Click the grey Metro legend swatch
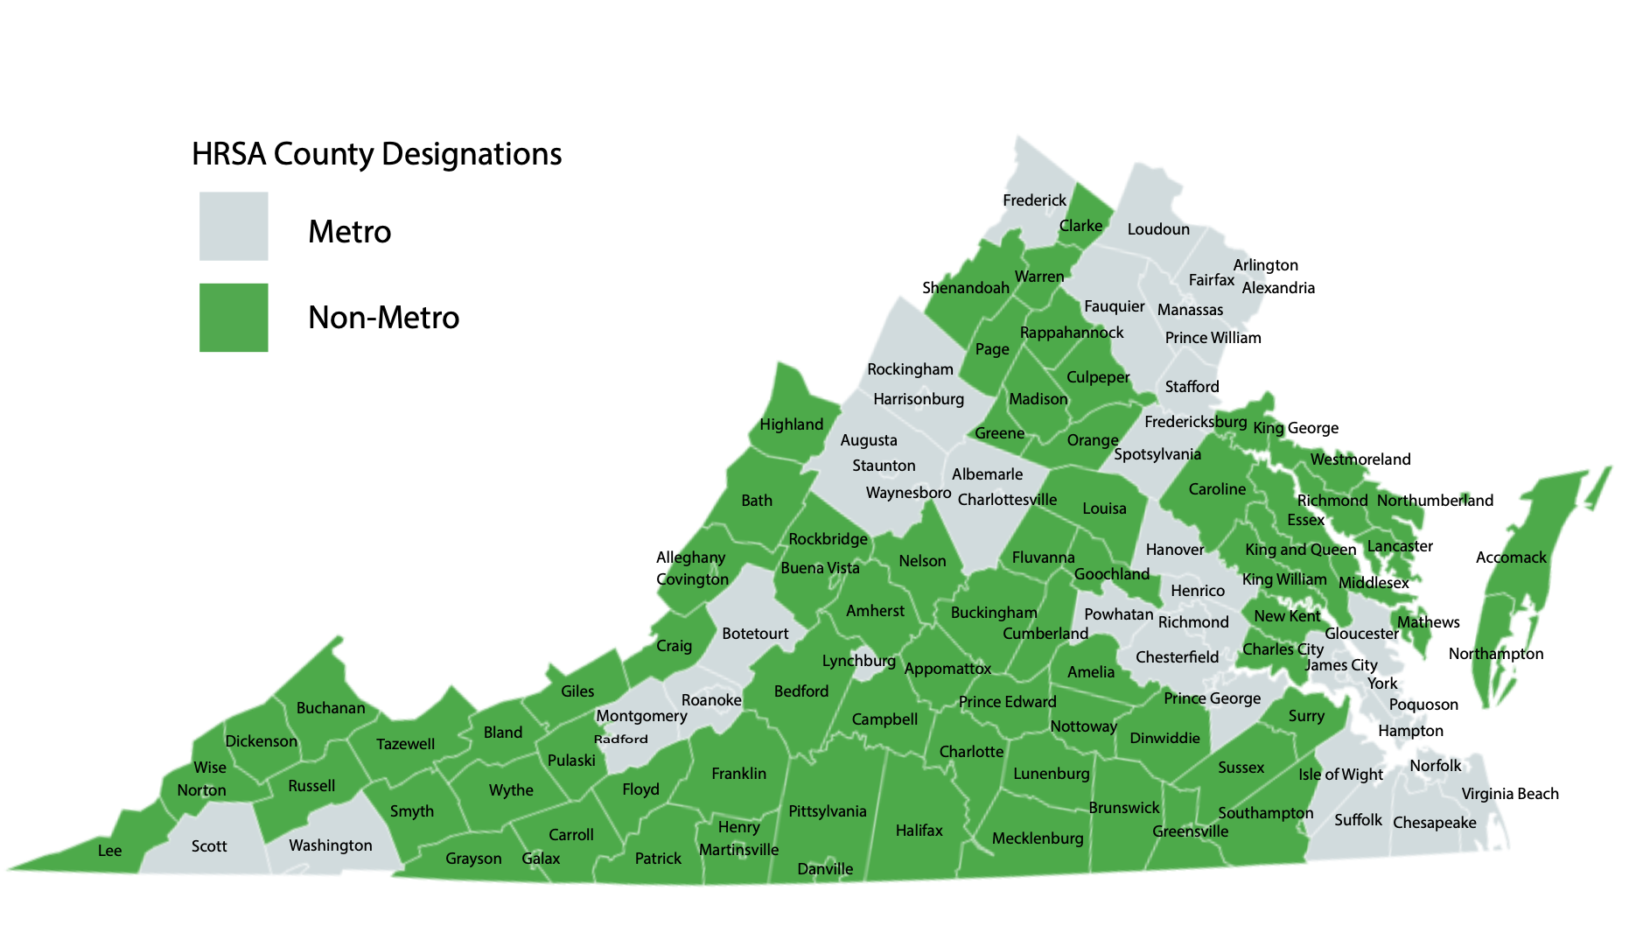(x=234, y=226)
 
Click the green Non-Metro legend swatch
(x=234, y=317)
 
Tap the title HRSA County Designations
(x=376, y=154)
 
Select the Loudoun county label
(x=1158, y=229)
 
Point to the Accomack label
(x=1511, y=558)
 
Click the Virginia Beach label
(x=1510, y=794)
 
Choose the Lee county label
(x=110, y=851)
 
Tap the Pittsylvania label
(x=827, y=811)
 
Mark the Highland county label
(x=791, y=424)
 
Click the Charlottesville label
(x=1007, y=500)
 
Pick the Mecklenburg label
(x=1038, y=838)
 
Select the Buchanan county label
(x=331, y=708)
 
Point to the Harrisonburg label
(x=919, y=399)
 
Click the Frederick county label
(x=1034, y=200)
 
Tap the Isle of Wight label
(x=1340, y=775)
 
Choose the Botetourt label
(x=755, y=634)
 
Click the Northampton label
(x=1496, y=654)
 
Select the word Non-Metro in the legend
(x=383, y=318)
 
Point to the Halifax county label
(x=919, y=831)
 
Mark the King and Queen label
(x=1300, y=550)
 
